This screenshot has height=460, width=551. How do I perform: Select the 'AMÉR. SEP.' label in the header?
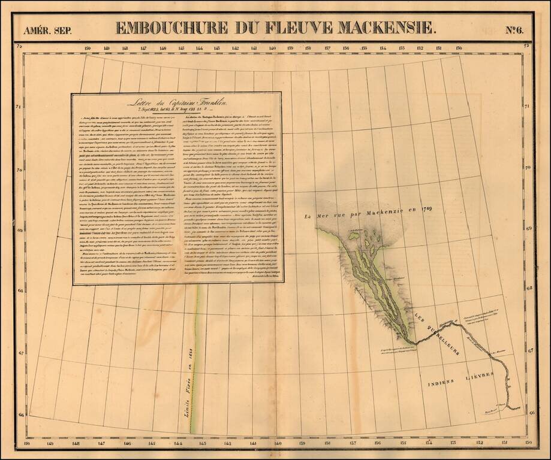coord(47,31)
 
